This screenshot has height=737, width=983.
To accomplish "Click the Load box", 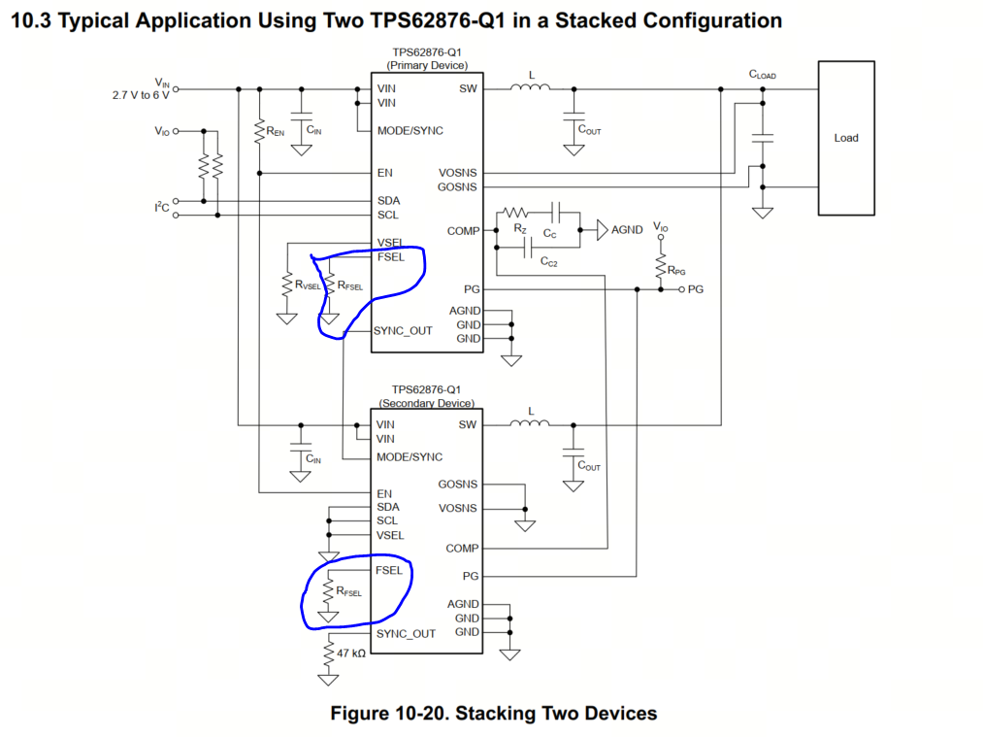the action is [846, 138].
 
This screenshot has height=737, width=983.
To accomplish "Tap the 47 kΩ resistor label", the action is [351, 653].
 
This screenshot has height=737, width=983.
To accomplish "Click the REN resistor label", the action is [276, 131].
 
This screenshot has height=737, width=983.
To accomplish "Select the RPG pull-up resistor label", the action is [676, 270].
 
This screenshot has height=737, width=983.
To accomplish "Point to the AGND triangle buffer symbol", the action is [602, 230].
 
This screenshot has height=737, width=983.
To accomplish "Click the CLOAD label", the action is [763, 75].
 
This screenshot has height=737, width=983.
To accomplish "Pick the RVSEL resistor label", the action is [308, 285].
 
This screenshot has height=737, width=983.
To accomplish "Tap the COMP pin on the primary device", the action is [463, 231].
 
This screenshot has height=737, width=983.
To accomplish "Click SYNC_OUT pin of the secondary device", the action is [406, 633].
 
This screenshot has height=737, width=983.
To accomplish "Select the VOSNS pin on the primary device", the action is [458, 173].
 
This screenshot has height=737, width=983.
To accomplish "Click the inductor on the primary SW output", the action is [531, 86].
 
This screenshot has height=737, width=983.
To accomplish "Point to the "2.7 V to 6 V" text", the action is [141, 95].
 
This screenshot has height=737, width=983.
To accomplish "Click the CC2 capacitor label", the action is [548, 261].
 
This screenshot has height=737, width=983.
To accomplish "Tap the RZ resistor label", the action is [520, 229].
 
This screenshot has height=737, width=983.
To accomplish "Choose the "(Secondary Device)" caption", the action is [426, 403].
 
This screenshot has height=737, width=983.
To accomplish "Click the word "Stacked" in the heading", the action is [596, 20].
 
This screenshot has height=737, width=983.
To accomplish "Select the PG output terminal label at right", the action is [695, 289].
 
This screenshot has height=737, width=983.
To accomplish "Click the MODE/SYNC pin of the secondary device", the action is [410, 457].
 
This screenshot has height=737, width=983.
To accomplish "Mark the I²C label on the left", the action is [162, 207].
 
